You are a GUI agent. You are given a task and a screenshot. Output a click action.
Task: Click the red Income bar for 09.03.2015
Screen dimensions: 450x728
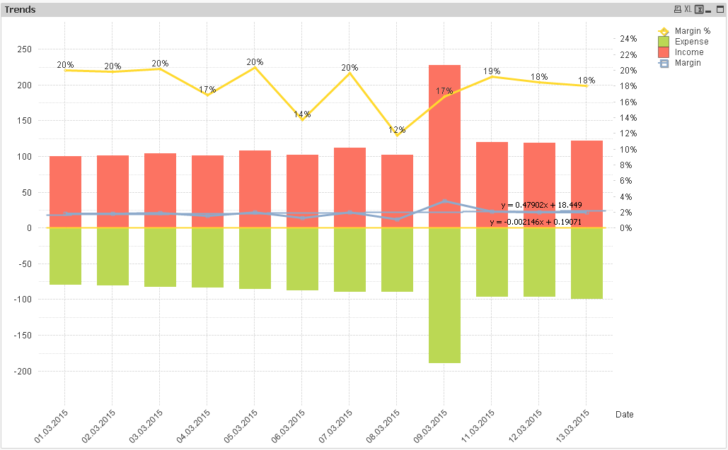(444, 141)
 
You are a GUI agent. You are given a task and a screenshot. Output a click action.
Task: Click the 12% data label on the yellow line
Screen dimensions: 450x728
(397, 130)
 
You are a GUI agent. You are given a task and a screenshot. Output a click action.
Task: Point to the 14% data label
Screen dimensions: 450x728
(302, 114)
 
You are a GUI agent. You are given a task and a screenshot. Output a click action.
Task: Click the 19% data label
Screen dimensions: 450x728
(492, 71)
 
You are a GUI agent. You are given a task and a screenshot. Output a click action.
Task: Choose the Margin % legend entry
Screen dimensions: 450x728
(692, 31)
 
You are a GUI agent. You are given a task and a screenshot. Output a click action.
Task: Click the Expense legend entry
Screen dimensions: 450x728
(691, 42)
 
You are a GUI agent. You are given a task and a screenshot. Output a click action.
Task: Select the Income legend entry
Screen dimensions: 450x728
(689, 52)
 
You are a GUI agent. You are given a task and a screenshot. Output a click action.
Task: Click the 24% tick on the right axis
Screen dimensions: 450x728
(628, 38)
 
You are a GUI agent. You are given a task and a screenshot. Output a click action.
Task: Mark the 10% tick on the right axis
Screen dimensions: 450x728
(628, 149)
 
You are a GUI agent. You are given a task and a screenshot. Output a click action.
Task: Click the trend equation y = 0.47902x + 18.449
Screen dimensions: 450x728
(541, 205)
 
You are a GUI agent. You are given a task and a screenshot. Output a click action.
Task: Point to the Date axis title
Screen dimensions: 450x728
(625, 415)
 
